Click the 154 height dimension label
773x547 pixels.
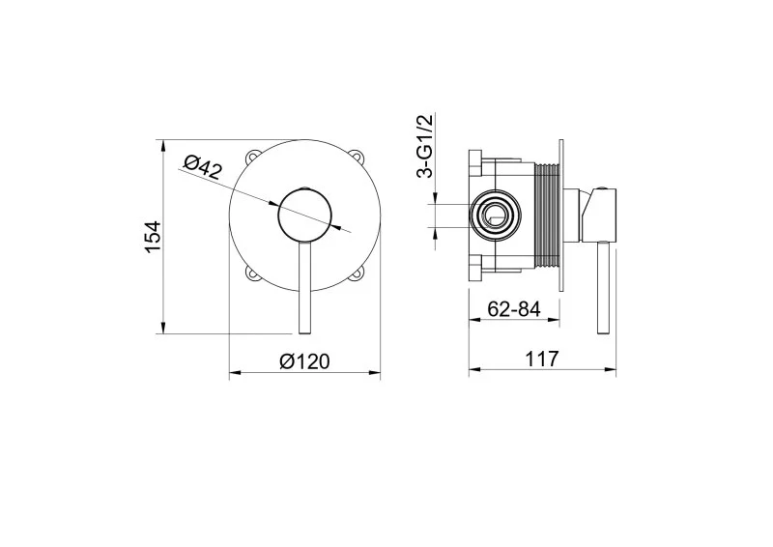click(154, 238)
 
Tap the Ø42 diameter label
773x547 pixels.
click(203, 168)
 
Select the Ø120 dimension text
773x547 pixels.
click(304, 361)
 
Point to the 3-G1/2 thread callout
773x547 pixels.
click(424, 146)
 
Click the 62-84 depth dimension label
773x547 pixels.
click(514, 309)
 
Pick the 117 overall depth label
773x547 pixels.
click(542, 359)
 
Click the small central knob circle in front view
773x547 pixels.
click(305, 216)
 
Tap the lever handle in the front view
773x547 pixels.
click(305, 288)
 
